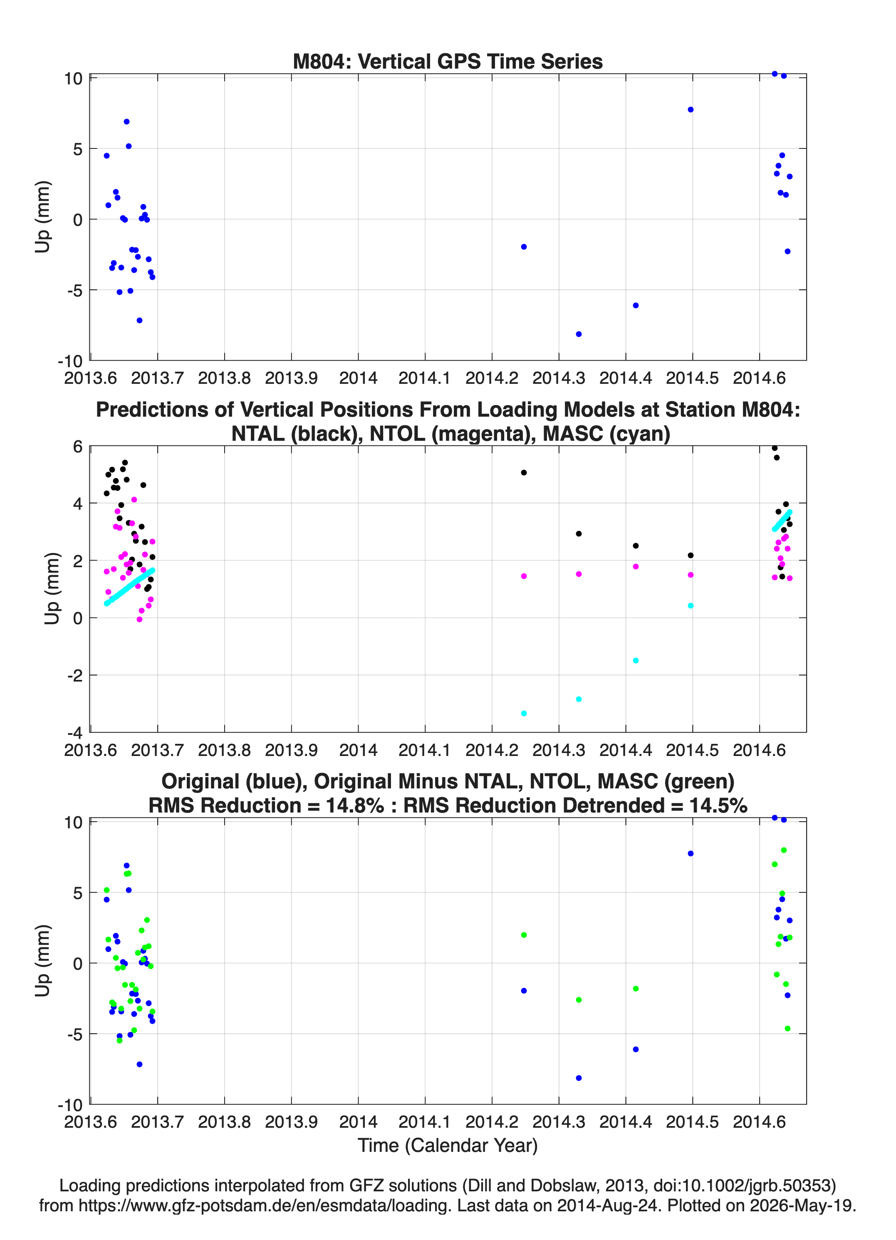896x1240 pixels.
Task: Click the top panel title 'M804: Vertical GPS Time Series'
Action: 448,61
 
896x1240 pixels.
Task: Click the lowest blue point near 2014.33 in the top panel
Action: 579,334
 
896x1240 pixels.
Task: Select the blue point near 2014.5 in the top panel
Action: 691,110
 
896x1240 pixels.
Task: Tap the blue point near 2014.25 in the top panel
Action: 523,247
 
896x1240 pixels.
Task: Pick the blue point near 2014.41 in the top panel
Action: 636,306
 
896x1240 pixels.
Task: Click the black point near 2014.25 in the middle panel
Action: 523,472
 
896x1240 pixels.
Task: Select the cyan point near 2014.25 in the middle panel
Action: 523,714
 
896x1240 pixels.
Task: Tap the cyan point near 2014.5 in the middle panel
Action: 691,606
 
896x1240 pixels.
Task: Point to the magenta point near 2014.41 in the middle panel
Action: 636,566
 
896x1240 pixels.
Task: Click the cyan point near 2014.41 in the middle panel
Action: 636,660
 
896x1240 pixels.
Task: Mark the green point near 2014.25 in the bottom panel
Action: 523,935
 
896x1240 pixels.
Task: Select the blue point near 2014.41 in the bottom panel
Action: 636,1049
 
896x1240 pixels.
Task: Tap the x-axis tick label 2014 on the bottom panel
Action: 358,1122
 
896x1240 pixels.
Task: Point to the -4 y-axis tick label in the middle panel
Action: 74,733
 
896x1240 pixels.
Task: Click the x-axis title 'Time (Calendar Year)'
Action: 448,1146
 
